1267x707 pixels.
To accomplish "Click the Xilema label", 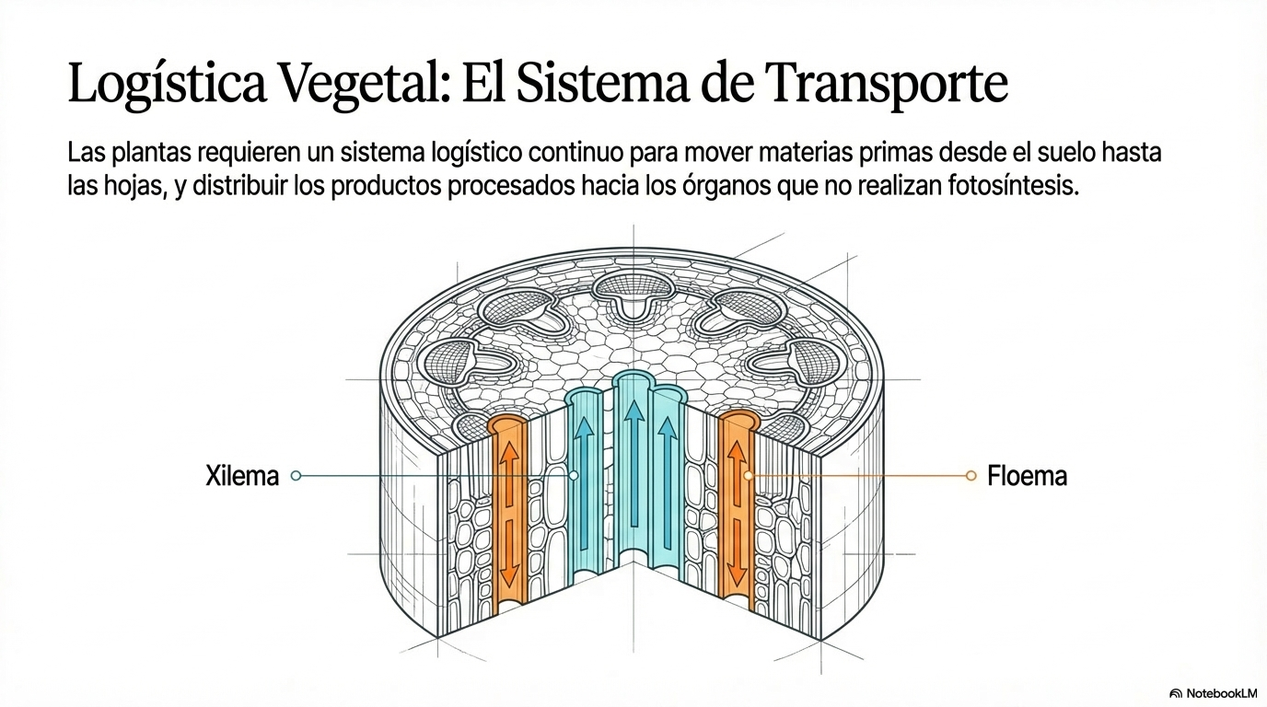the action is tap(242, 476).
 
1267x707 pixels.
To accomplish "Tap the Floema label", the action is tap(1028, 476).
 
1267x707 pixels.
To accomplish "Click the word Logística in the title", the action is tap(168, 84).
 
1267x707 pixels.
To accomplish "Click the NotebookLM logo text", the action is tap(1218, 693).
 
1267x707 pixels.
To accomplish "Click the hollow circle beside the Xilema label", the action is tap(296, 476).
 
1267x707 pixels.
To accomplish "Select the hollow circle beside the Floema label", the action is tap(971, 476).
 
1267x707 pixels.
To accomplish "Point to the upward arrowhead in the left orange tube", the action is tap(509, 453).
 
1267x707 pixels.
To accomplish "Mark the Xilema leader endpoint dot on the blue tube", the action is tap(573, 476).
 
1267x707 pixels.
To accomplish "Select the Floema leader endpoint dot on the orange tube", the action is tap(749, 476).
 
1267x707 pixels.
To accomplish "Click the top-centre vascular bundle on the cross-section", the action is tap(633, 293).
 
